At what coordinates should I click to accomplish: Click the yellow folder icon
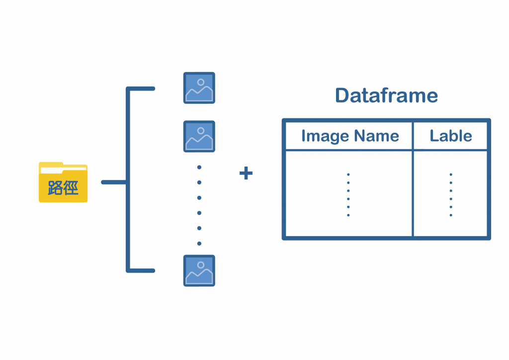[x=63, y=183]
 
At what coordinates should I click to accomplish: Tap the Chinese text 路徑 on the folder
[x=63, y=188]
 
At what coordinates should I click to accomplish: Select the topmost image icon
[x=199, y=88]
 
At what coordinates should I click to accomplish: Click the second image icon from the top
[x=199, y=136]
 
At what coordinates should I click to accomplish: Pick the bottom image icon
[x=199, y=271]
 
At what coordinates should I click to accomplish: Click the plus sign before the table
[x=246, y=174]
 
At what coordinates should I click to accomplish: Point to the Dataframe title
[x=386, y=95]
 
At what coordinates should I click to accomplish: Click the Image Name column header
[x=349, y=135]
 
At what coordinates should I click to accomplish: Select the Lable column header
[x=450, y=135]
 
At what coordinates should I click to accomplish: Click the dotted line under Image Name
[x=348, y=194]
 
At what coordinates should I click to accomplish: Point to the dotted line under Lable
[x=450, y=194]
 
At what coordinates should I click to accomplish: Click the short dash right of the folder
[x=112, y=182]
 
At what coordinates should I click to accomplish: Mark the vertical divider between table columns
[x=413, y=179]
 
